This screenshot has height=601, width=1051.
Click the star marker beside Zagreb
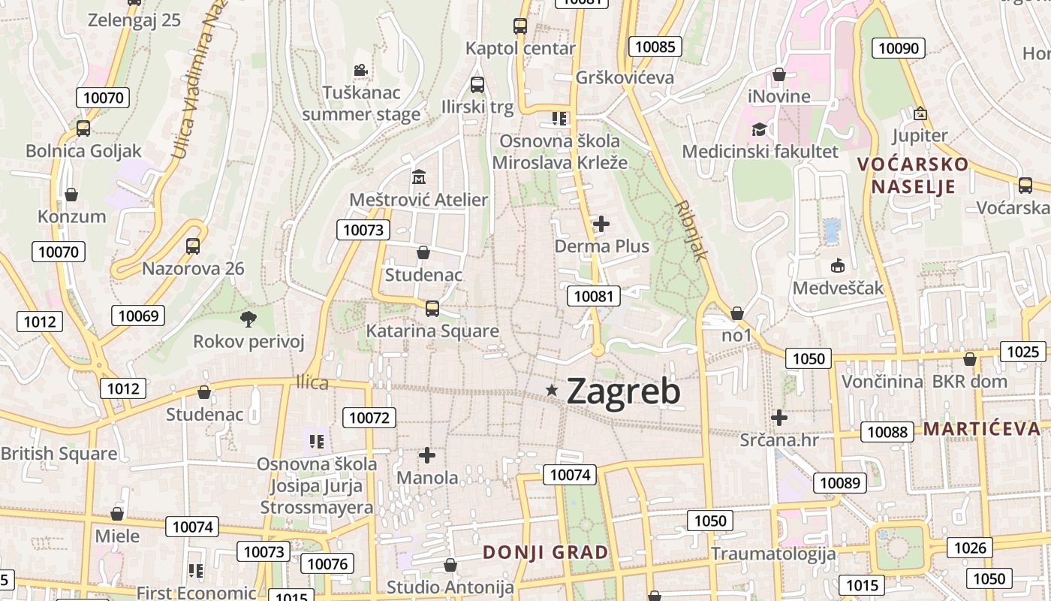(x=553, y=389)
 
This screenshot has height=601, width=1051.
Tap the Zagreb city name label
(x=623, y=391)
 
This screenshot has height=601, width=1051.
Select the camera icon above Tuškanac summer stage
(x=361, y=71)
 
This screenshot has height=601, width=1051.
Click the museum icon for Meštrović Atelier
(x=419, y=178)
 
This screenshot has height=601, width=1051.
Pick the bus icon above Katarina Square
(x=432, y=308)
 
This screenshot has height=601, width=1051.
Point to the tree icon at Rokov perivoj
(x=248, y=319)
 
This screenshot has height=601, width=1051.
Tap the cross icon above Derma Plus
(x=601, y=224)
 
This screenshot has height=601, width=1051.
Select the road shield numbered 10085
(x=655, y=47)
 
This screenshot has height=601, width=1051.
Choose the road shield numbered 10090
(x=898, y=48)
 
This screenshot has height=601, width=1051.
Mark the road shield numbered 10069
(x=138, y=315)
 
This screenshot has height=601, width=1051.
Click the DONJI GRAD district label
(x=545, y=552)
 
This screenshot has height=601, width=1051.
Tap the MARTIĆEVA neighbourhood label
(x=982, y=429)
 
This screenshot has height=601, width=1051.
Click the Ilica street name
(x=312, y=382)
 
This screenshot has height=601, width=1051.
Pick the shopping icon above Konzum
(x=71, y=195)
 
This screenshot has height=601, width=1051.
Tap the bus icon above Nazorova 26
(x=193, y=246)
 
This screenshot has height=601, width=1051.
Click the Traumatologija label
(x=773, y=554)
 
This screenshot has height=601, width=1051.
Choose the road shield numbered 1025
(x=1022, y=351)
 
